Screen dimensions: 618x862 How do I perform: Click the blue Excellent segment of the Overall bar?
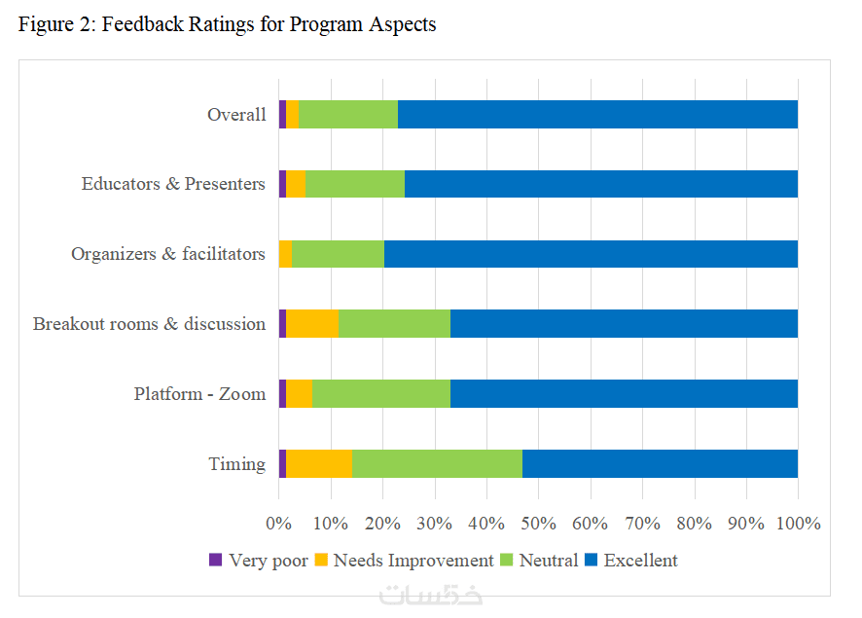pos(597,114)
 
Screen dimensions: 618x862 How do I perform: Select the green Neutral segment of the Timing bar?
pos(437,464)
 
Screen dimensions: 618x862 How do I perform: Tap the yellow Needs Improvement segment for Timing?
pos(318,464)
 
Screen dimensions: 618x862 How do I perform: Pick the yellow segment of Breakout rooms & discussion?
pos(312,324)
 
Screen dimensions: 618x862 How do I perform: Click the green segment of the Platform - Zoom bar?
pos(381,394)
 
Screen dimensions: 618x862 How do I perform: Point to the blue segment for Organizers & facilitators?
pos(591,254)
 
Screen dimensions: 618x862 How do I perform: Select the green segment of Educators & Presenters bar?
pos(354,184)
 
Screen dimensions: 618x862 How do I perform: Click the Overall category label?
pos(236,115)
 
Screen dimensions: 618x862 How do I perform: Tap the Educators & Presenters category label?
pos(173,185)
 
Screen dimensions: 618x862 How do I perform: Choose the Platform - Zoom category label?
pos(199,394)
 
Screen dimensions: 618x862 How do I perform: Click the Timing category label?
pos(236,464)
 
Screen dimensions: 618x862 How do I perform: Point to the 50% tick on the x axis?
pos(538,524)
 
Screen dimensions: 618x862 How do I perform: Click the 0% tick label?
pos(279,524)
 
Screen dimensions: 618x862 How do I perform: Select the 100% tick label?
pos(798,524)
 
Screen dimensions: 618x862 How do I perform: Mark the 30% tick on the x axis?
pos(434,524)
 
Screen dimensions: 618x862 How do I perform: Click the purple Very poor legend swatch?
pos(216,561)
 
